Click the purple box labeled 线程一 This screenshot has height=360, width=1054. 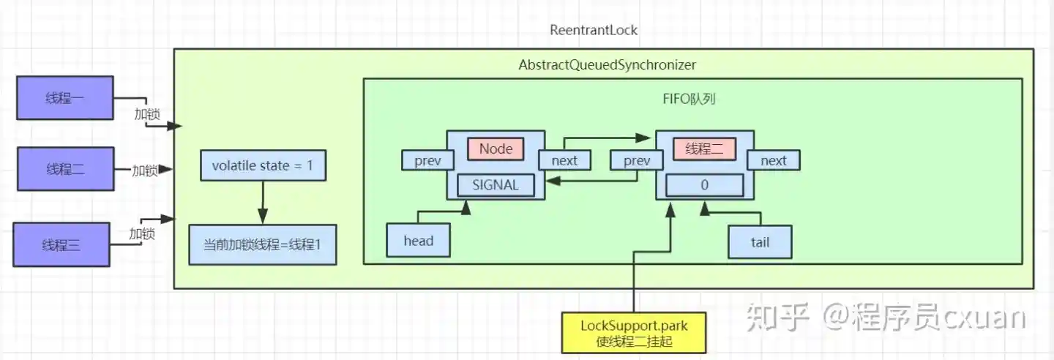pos(64,98)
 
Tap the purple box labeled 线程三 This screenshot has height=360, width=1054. pos(61,245)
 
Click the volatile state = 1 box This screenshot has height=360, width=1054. pos(263,166)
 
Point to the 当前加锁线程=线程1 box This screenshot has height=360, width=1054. pos(262,244)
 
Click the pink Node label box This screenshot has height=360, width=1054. pos(496,149)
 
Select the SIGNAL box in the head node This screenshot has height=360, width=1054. pos(496,185)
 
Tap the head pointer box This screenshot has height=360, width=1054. pos(419,241)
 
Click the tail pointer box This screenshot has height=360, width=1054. pos(760,242)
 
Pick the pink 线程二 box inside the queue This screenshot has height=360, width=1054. pos(704,149)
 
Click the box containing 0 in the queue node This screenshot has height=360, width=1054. pos(704,186)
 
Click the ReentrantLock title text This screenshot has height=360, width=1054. pos(594,31)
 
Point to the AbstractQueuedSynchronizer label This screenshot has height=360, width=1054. pos(607,65)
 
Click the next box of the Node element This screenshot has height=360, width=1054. pos(564,160)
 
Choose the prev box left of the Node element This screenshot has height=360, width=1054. pos(427,161)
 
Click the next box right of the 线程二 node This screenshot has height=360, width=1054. pos(773,160)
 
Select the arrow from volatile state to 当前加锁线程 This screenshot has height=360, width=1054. pos(263,202)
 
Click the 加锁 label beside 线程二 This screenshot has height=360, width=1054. pos(145,170)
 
